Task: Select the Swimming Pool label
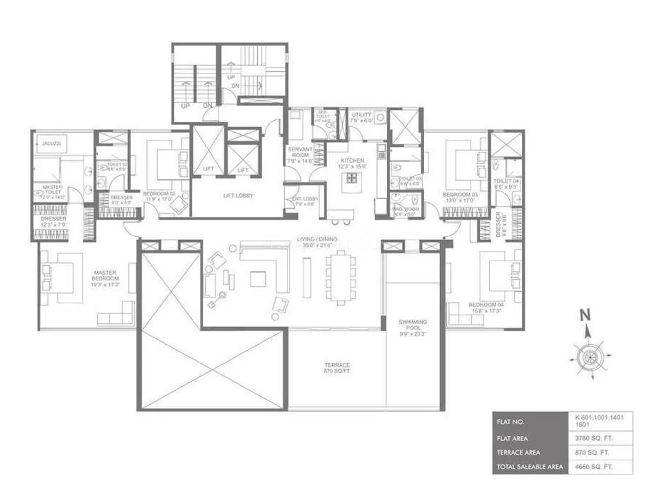tap(413, 326)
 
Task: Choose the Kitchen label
tap(352, 163)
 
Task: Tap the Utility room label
tap(361, 117)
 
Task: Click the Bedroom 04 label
tap(487, 308)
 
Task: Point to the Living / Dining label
tap(317, 242)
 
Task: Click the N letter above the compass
tap(583, 314)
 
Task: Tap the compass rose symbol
tap(588, 354)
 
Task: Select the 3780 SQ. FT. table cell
tap(600, 438)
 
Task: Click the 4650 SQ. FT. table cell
tap(600, 466)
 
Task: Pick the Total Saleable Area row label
tap(530, 466)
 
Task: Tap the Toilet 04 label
tap(506, 184)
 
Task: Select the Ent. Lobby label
tap(304, 201)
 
